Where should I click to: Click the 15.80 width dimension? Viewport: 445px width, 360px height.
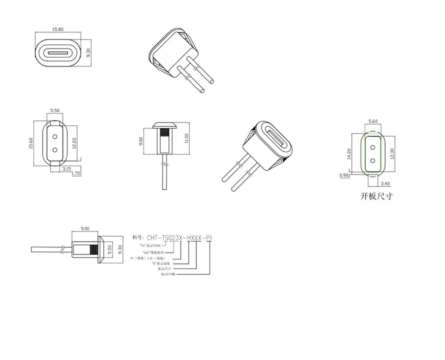(x=58, y=29)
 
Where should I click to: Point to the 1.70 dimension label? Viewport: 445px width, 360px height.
(x=76, y=173)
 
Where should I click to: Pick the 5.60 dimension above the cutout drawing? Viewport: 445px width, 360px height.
(x=373, y=121)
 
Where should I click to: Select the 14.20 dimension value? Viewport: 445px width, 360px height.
(x=349, y=153)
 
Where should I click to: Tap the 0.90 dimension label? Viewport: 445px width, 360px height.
(x=344, y=175)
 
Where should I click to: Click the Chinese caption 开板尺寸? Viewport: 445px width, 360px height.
(x=376, y=196)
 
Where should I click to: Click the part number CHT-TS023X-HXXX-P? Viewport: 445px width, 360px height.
(x=179, y=238)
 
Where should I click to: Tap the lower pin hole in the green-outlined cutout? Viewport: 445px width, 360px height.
(x=373, y=160)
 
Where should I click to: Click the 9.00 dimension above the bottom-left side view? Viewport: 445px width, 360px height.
(x=85, y=229)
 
